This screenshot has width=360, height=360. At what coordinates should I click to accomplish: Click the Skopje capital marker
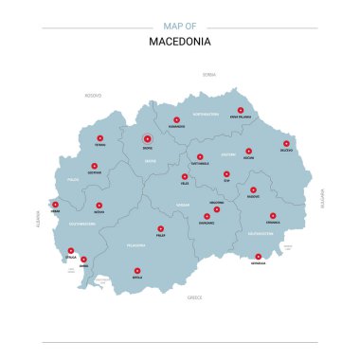pos(147,138)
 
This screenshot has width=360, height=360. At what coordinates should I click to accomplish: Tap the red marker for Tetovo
pos(99,138)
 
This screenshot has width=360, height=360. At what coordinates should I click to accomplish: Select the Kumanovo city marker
pos(176,117)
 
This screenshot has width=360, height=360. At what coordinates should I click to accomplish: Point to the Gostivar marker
pos(94,165)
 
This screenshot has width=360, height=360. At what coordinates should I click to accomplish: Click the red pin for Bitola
pos(137,269)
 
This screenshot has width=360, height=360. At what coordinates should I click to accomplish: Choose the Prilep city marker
pos(160,228)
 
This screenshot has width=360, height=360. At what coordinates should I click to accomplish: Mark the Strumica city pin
pos(272,215)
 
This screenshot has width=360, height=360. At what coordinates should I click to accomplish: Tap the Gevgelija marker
pos(258,256)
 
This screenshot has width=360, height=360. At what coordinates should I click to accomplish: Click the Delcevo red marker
pos(285,145)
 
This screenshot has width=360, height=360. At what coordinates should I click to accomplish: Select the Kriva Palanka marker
pos(241,110)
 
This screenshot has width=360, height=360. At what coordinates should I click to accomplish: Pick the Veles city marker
pos(185,176)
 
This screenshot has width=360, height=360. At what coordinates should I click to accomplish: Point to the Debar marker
pos(55,204)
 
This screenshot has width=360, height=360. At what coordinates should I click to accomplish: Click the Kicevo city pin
pos(99,205)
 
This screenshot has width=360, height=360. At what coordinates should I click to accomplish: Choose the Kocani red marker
pos(248,151)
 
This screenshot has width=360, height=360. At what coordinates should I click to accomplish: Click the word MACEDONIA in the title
pos(180,42)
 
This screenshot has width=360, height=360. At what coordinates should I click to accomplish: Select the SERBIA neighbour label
pos(209,73)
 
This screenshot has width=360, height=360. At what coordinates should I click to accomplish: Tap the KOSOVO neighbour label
pos(93,95)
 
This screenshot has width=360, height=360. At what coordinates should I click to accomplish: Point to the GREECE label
pos(195,297)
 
